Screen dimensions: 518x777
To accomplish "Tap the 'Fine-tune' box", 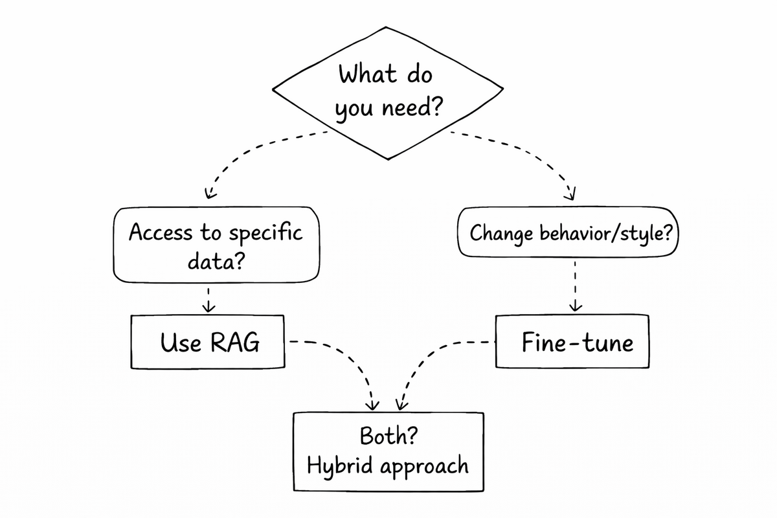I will [572, 342].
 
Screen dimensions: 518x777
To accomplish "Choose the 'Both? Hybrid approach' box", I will [388, 451].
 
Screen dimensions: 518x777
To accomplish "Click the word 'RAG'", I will [234, 343].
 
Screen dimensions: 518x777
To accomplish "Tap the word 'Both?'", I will [388, 436].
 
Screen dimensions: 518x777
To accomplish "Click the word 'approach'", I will [423, 466].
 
